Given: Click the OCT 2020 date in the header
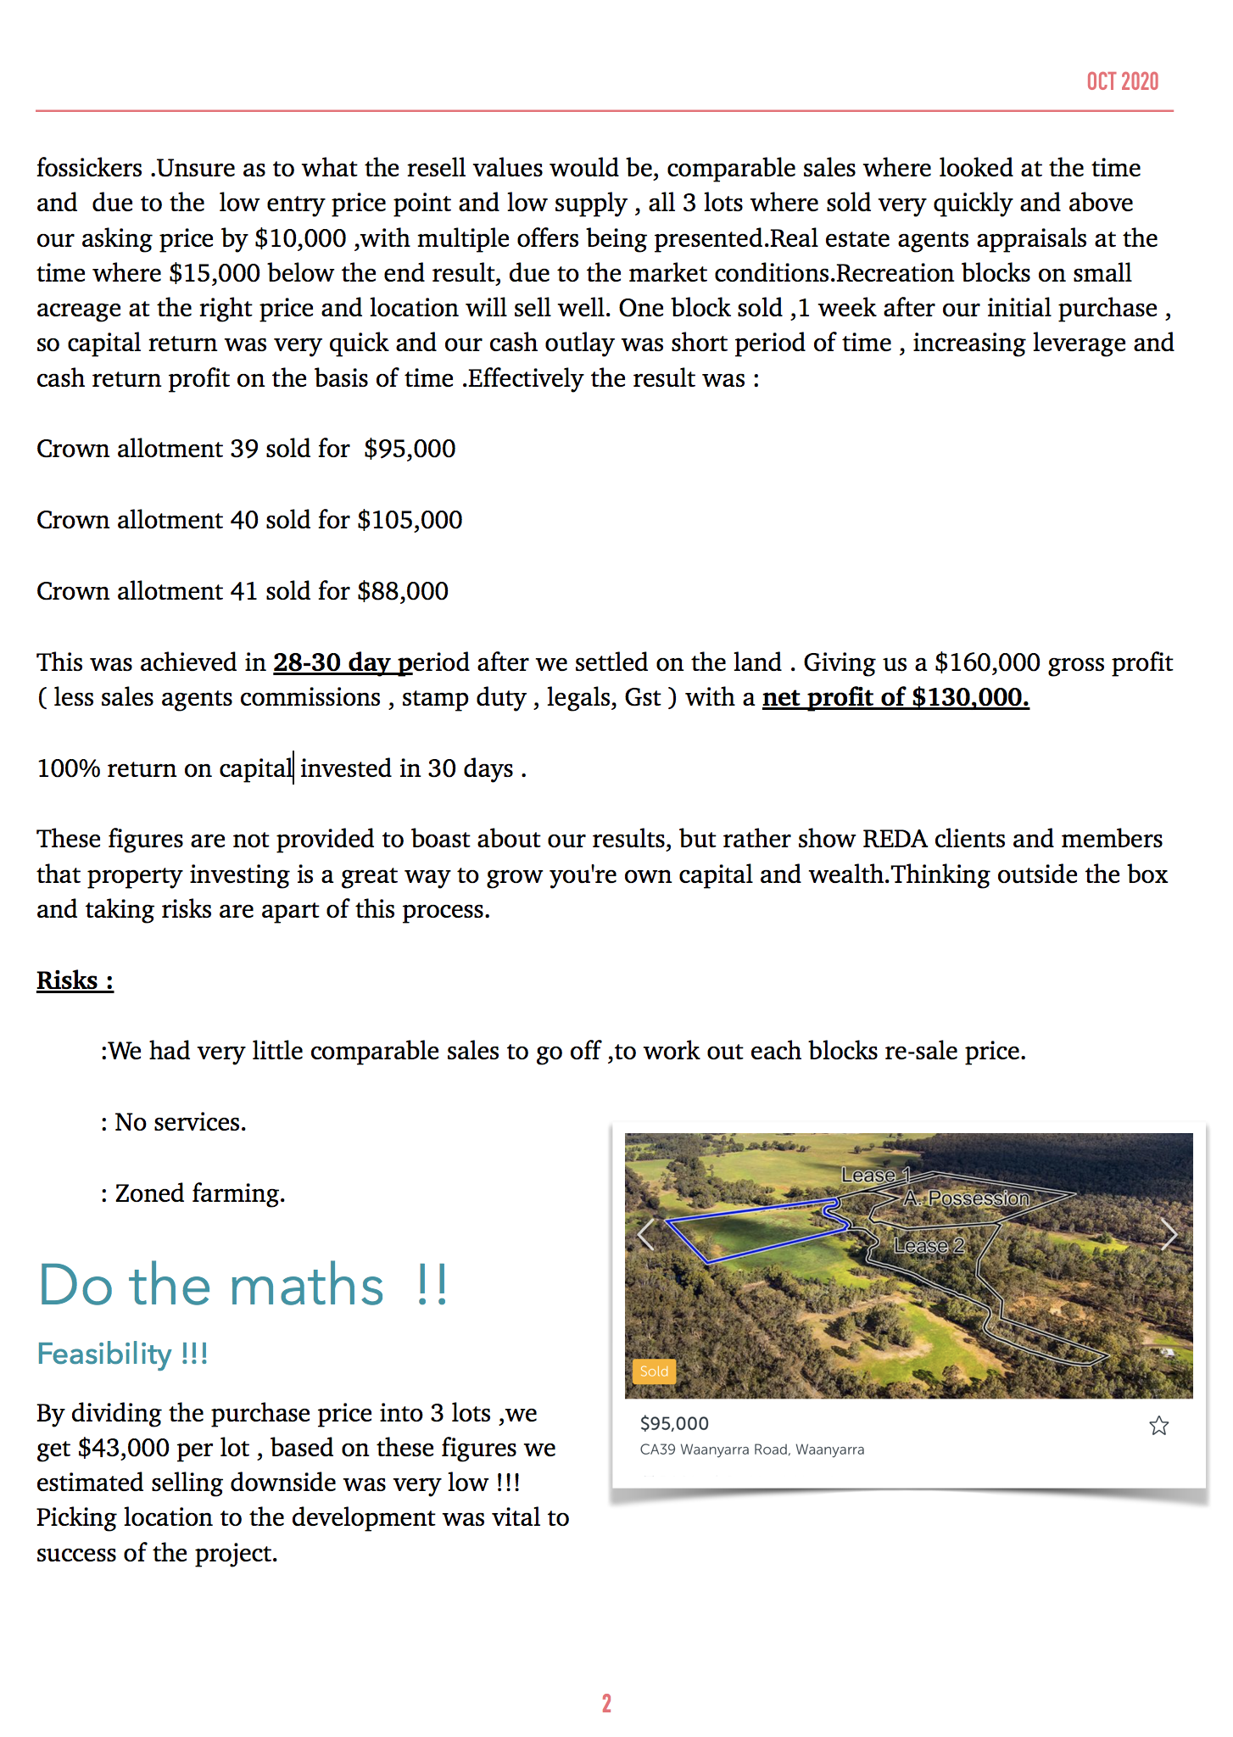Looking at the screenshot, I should point(1122,81).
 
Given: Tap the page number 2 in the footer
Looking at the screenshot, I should point(606,1703).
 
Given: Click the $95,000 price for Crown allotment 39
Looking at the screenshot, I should point(410,449).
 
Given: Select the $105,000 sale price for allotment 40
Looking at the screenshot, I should point(410,520).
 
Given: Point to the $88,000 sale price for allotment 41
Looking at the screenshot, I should point(403,591).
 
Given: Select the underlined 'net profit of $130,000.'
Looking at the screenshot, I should point(895,697).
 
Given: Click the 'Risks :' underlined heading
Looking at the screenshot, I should point(75,980).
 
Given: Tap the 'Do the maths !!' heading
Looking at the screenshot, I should point(243,1285).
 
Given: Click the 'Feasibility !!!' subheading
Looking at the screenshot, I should point(122,1354).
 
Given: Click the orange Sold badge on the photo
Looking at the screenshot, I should point(654,1371).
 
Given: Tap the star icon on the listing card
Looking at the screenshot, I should point(1158,1426).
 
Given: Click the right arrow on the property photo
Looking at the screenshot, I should point(1169,1235).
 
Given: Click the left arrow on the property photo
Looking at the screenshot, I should point(646,1235).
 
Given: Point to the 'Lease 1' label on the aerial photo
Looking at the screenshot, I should point(874,1175).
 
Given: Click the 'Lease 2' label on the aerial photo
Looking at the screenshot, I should point(929,1245).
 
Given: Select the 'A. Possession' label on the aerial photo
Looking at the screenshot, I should point(966,1198).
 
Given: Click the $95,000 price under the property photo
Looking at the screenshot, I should point(674,1423).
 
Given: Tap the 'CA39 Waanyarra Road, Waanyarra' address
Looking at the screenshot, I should point(752,1449).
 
